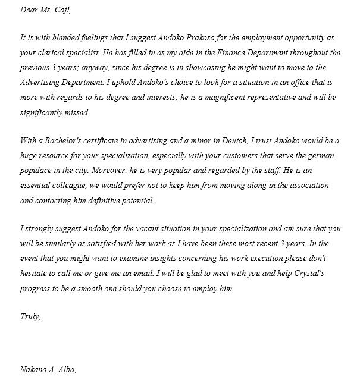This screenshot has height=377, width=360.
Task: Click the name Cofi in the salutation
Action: click(65, 10)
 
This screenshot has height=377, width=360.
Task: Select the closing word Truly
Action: click(30, 316)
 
